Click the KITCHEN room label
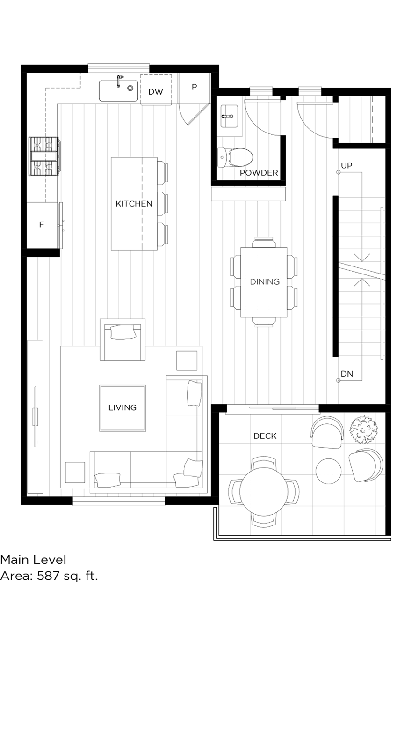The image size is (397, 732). coord(134,204)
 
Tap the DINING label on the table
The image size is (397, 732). coord(264,281)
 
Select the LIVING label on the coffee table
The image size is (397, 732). coord(123,407)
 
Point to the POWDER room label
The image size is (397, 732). coord(259,173)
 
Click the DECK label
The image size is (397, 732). coord(265,436)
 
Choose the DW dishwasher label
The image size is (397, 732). coord(156,92)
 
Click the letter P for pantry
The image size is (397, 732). coord(194,87)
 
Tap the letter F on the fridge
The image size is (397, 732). coord(41,225)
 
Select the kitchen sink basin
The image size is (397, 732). coord(118,90)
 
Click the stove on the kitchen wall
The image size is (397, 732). coord(44,156)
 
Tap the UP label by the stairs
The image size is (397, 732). coord(346,165)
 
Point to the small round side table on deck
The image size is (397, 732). coord(329,471)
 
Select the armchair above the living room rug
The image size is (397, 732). coord(123,340)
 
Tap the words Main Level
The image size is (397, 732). coord(33,559)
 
